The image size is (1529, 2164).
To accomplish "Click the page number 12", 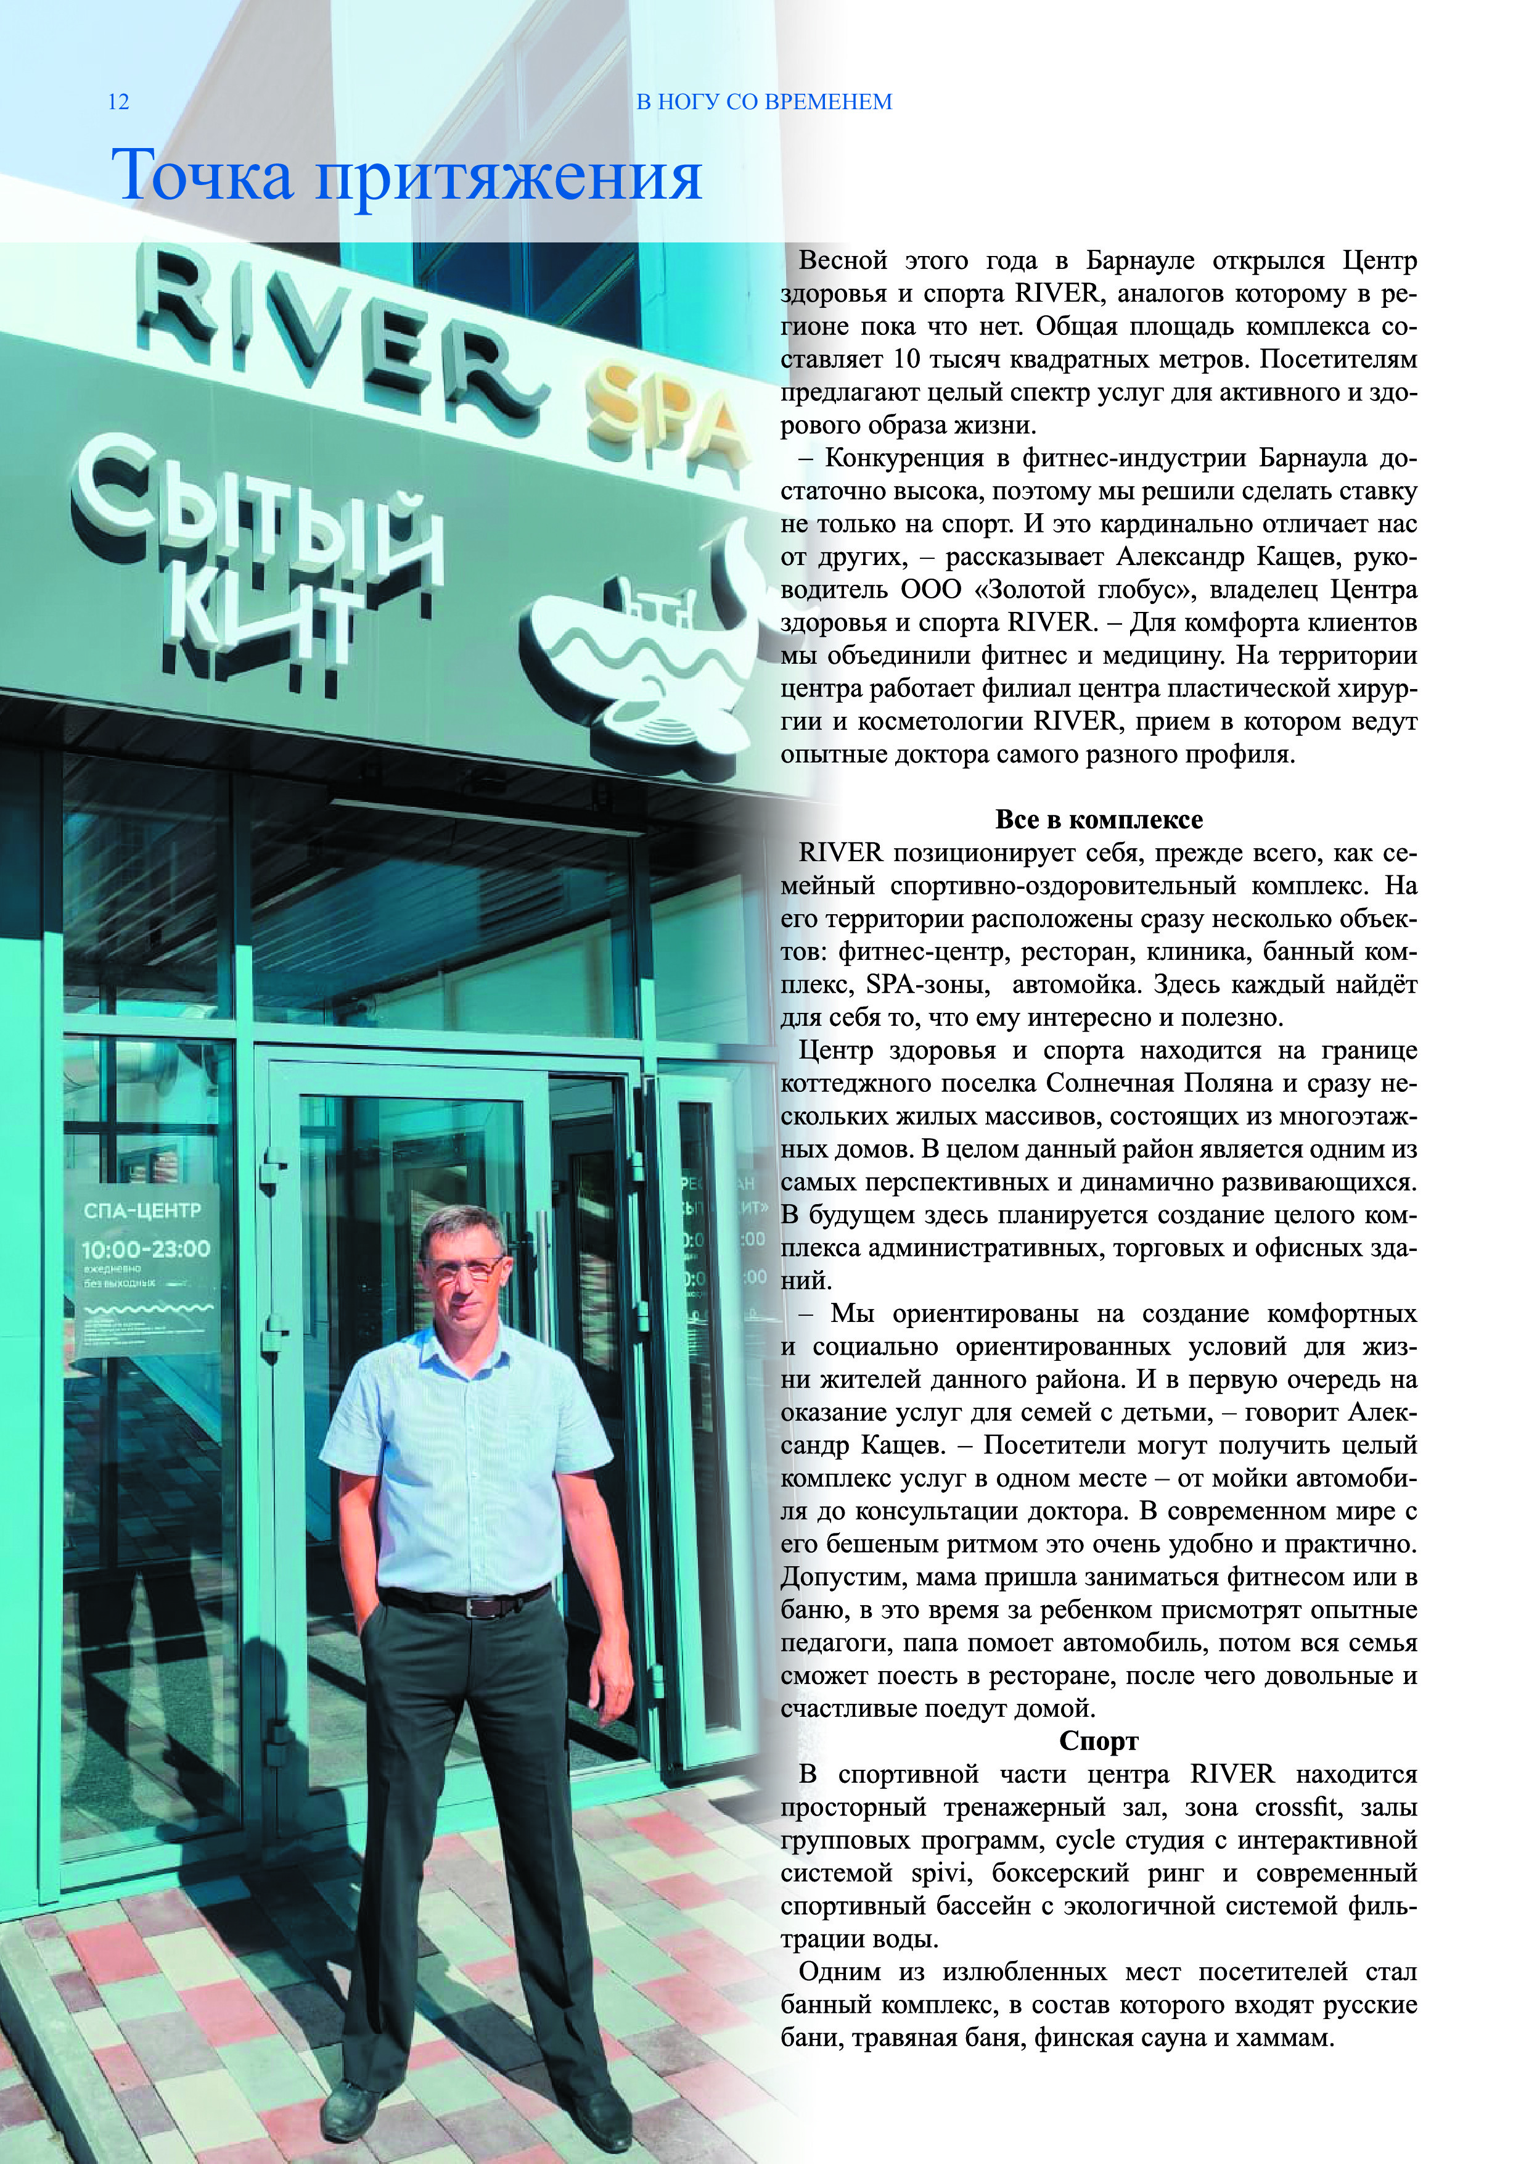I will coord(119,102).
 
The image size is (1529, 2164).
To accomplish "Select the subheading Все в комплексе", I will coord(1099,820).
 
